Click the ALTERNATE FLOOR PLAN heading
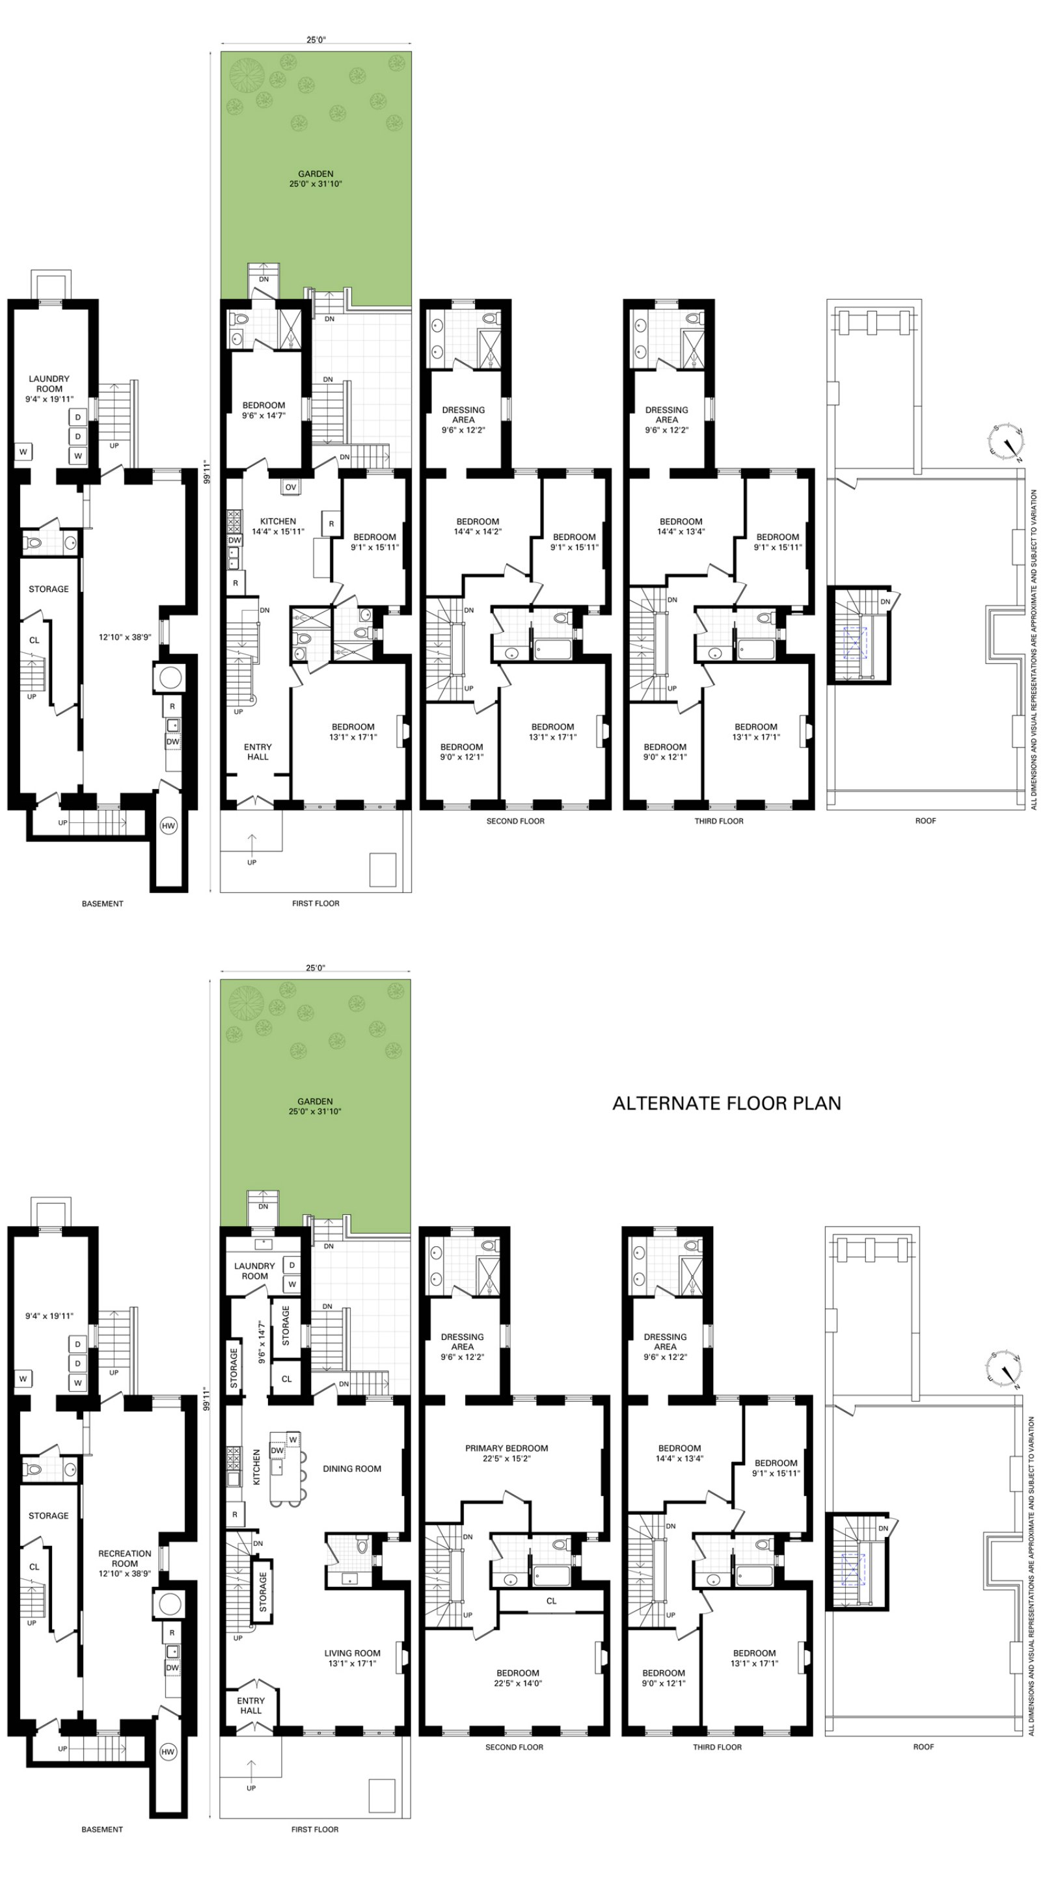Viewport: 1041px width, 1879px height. (x=727, y=1103)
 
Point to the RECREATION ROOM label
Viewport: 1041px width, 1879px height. (x=125, y=1558)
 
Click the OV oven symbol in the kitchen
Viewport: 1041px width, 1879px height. (x=290, y=486)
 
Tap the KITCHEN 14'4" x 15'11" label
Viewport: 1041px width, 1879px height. (x=278, y=526)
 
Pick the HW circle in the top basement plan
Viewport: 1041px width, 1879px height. (x=169, y=826)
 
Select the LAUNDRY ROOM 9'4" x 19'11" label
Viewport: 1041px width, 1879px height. (x=49, y=389)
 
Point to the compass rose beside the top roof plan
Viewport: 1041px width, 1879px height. (x=1005, y=442)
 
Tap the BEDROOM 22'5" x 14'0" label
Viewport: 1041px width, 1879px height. (x=517, y=1677)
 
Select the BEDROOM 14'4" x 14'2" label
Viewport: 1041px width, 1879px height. (x=477, y=526)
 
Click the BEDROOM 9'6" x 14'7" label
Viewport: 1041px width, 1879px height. (x=264, y=410)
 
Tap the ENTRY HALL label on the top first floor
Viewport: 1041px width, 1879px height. (x=258, y=751)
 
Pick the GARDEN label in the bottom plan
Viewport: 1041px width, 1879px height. (x=315, y=1106)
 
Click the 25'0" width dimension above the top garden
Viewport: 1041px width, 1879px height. (x=315, y=41)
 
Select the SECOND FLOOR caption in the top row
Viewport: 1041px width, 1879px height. (x=515, y=821)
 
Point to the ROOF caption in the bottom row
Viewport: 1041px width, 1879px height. (x=923, y=1747)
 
